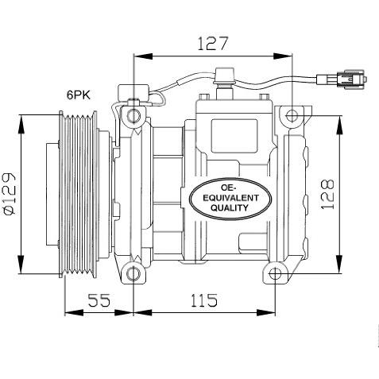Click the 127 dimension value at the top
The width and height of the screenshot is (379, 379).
pyautogui.click(x=212, y=44)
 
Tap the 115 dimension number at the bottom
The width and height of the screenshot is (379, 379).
pyautogui.click(x=204, y=300)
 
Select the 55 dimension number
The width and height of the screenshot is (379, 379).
pyautogui.click(x=99, y=300)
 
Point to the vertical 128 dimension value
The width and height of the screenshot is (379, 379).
pyautogui.click(x=327, y=195)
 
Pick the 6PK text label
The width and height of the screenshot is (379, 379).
pyautogui.click(x=79, y=95)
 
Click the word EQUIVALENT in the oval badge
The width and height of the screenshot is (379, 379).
pyautogui.click(x=230, y=198)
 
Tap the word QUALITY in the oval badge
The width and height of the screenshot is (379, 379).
pyautogui.click(x=230, y=207)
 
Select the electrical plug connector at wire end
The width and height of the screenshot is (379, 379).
pyautogui.click(x=342, y=79)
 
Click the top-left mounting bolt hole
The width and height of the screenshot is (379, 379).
pyautogui.click(x=133, y=115)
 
